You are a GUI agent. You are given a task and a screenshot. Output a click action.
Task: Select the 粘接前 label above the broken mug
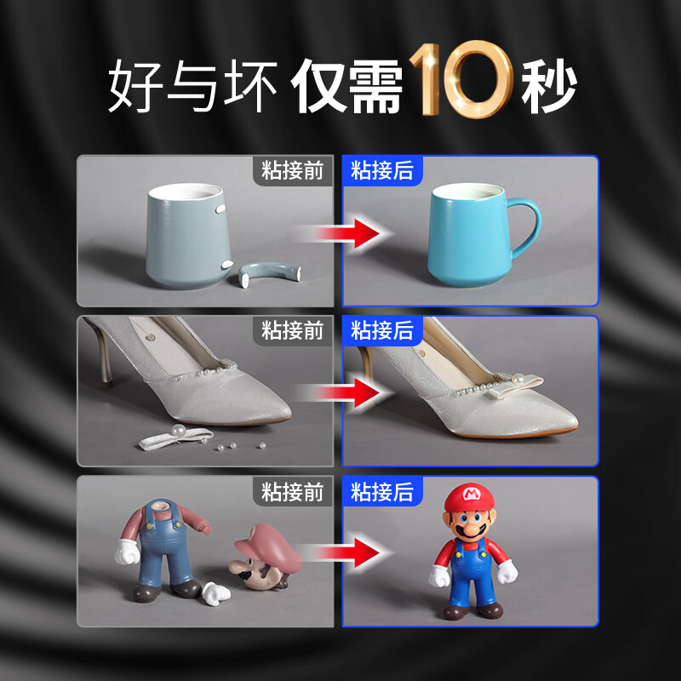click(293, 170)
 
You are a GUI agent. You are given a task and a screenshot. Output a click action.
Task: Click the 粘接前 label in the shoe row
click(293, 330)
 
